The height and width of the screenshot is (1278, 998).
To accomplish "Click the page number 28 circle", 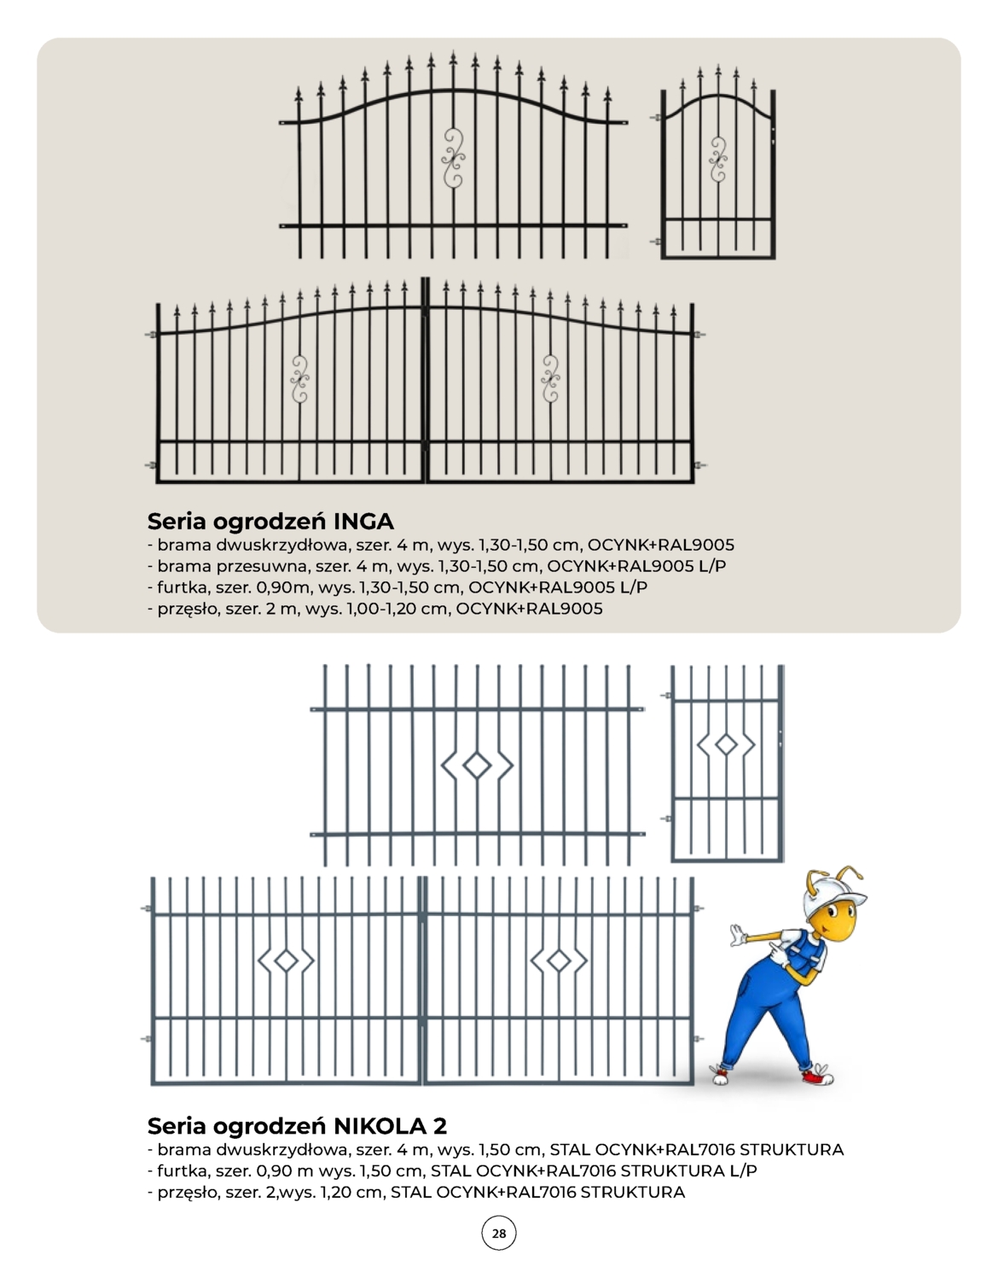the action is [499, 1233].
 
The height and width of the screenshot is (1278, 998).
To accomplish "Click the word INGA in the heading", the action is [364, 521].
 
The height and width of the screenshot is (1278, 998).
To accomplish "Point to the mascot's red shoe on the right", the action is [818, 1076].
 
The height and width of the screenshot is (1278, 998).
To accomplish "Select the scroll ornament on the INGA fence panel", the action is [453, 158].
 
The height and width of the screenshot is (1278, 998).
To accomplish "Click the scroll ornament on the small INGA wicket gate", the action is [718, 160].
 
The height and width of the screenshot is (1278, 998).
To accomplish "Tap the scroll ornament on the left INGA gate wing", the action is [299, 379].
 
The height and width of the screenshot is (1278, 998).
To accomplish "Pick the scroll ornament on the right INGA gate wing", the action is [550, 379].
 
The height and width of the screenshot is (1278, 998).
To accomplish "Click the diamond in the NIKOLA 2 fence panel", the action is [477, 766].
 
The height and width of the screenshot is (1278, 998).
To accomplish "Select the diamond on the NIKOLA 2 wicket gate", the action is [727, 744].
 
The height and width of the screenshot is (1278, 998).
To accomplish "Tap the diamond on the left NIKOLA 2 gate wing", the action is [286, 961].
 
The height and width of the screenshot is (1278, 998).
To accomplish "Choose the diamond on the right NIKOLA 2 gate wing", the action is [559, 961].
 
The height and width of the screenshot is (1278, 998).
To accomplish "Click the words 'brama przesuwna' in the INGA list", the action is [231, 566].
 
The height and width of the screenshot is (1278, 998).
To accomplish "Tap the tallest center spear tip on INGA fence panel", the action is [453, 56].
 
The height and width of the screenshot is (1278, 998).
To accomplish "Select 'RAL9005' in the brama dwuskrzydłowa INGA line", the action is [696, 545].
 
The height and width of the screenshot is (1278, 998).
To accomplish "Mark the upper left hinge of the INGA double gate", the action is [152, 335].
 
